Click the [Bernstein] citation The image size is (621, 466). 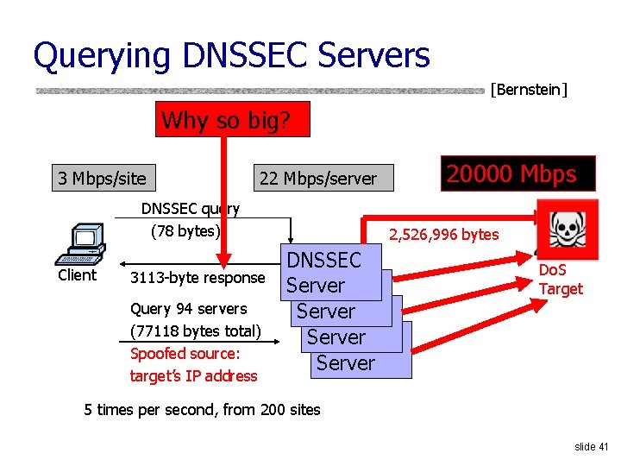point(529,88)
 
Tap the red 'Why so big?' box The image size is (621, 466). point(232,120)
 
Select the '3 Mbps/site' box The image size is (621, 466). point(102,179)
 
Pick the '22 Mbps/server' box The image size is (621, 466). point(318,179)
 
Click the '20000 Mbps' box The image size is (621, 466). point(511,173)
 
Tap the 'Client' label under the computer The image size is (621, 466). point(77,275)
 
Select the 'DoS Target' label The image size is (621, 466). point(561,280)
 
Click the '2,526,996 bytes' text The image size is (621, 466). point(443,234)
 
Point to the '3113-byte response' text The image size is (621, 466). point(197,277)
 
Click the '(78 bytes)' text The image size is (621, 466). point(185,231)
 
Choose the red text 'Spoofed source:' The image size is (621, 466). point(185,353)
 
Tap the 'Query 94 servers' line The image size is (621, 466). point(188,308)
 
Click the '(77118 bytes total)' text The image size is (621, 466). point(195,331)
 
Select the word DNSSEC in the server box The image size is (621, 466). point(323,260)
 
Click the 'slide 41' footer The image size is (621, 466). point(592,446)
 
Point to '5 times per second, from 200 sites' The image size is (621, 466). point(202,410)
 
